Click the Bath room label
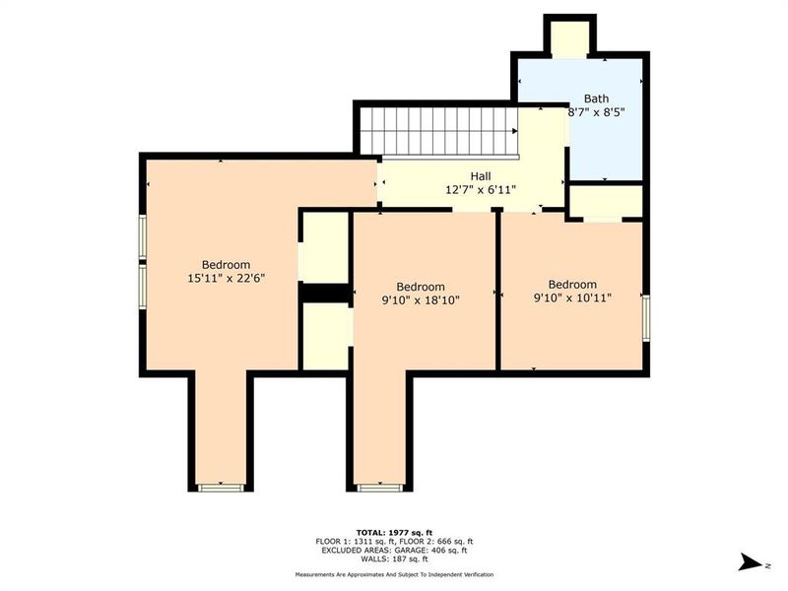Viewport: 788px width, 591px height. [x=596, y=98]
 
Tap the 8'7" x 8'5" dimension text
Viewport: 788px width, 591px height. [x=596, y=112]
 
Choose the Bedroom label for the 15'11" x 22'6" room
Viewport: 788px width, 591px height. [x=226, y=265]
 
